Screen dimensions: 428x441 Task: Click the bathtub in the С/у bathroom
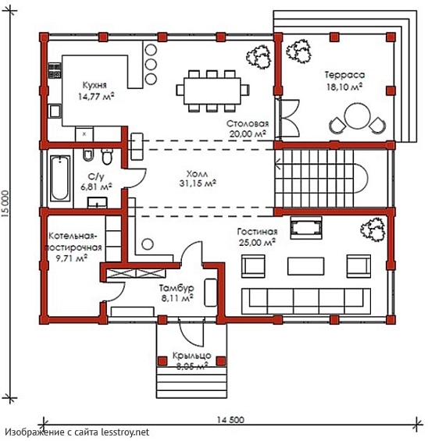60,179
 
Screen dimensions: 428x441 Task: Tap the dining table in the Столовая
212,91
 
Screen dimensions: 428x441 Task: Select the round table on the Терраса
358,116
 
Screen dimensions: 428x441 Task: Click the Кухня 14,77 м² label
95,91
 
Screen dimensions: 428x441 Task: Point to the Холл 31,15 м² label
198,178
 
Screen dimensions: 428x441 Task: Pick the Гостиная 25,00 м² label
257,237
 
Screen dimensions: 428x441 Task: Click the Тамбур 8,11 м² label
177,293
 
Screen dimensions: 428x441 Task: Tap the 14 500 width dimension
230,420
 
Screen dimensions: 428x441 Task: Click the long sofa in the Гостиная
306,301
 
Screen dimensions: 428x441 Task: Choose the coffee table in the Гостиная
305,266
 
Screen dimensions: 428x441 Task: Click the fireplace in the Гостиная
306,228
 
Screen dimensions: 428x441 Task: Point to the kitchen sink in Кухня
55,111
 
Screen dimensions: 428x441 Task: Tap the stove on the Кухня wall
55,70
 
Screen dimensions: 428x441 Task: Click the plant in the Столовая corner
259,56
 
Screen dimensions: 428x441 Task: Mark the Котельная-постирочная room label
73,247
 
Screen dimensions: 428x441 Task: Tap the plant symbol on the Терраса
299,52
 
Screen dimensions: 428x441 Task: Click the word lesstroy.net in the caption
125,432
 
